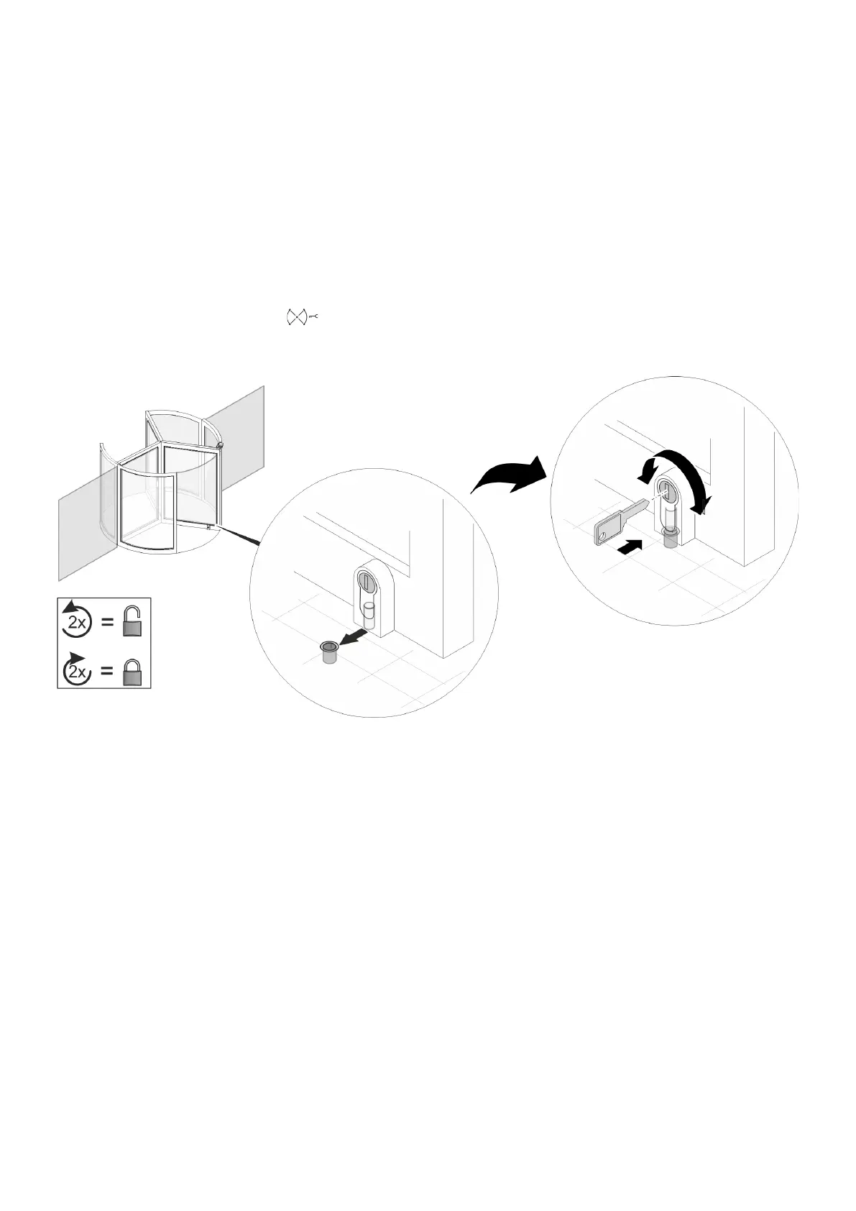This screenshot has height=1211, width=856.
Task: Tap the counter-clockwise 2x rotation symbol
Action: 76,621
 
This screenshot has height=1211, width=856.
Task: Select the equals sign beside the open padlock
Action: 107,623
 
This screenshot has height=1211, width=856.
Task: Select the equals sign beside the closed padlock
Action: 107,672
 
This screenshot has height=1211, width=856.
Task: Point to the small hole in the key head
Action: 602,534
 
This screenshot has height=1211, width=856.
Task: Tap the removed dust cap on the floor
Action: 330,653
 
